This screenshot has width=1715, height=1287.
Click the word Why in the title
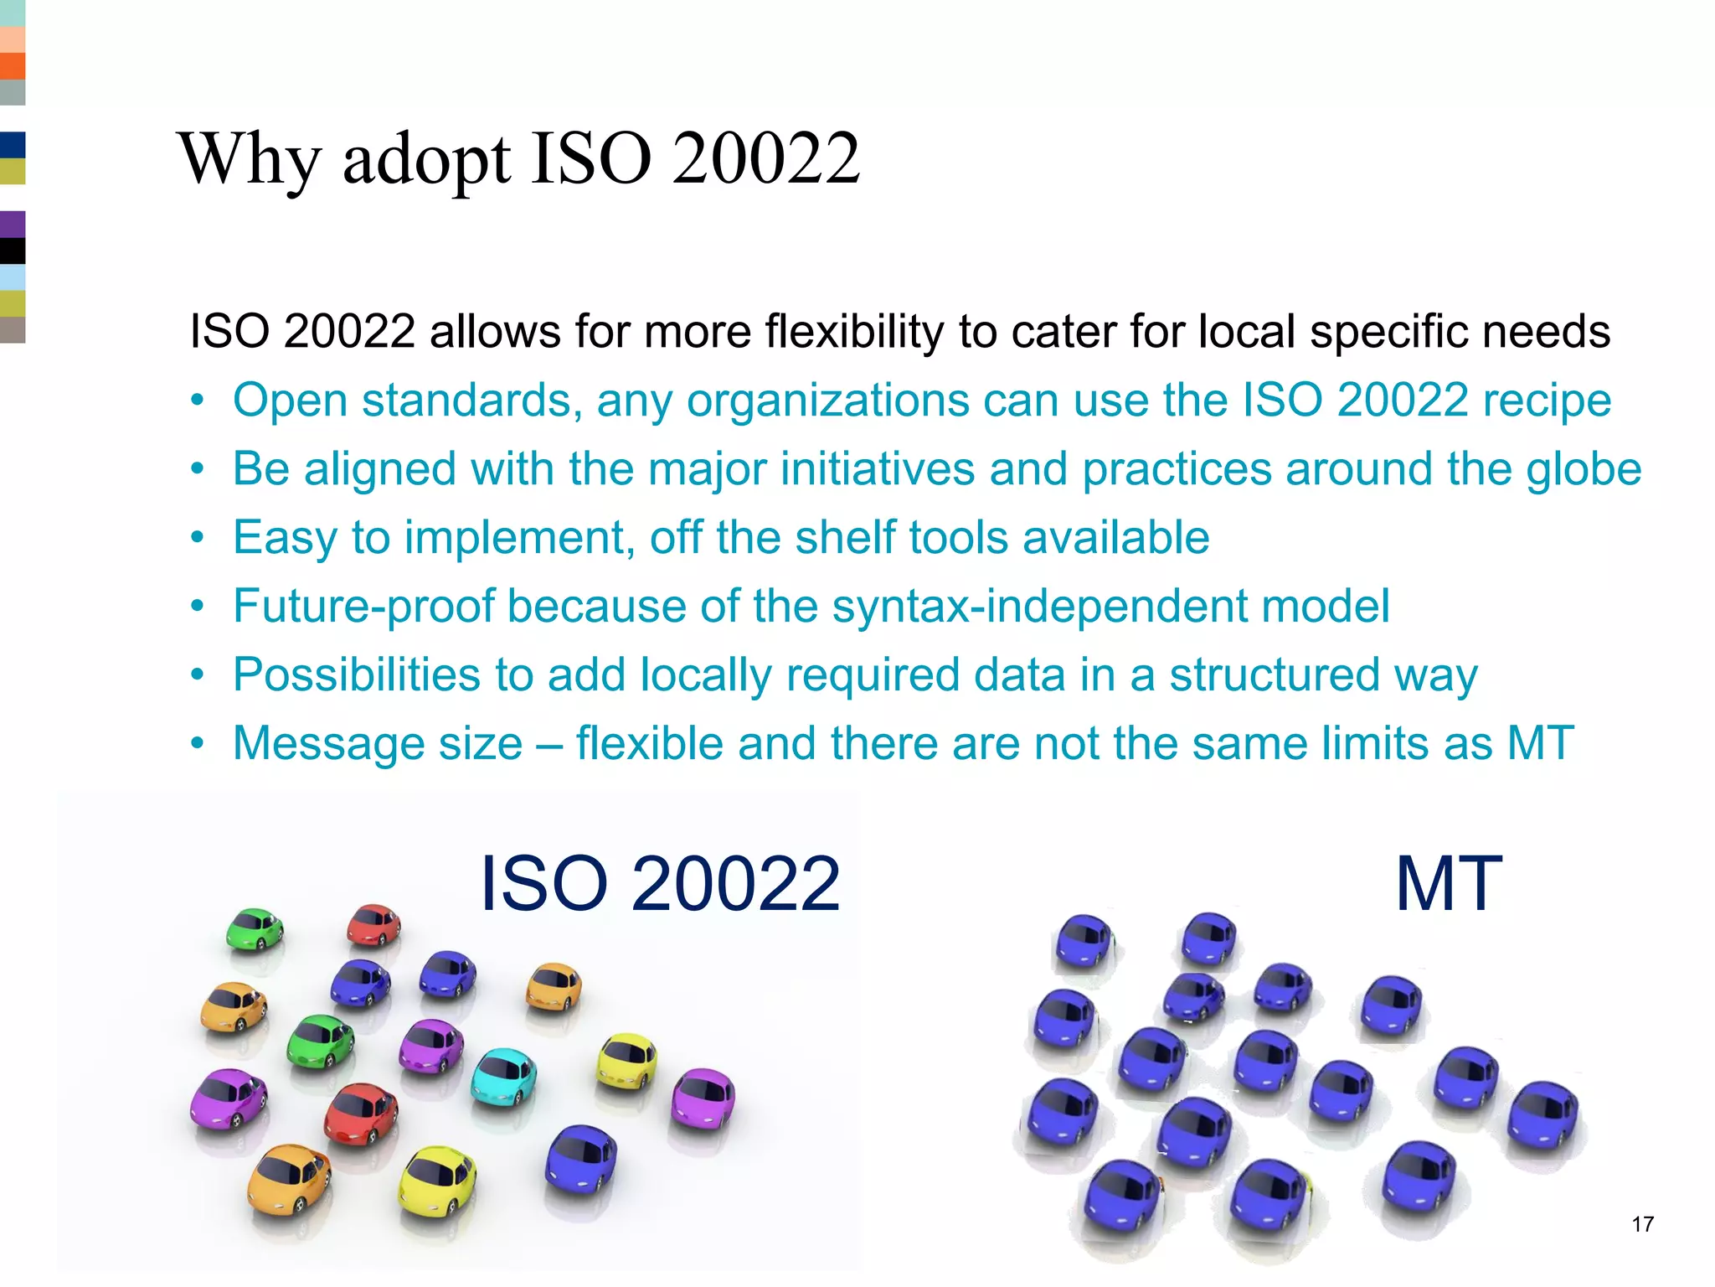point(250,159)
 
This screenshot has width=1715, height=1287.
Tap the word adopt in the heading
point(425,159)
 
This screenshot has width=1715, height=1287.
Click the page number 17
point(1642,1224)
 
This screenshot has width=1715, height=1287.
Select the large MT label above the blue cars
point(1449,884)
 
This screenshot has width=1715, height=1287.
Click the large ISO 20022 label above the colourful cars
point(659,884)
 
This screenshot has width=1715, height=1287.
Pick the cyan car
point(502,1076)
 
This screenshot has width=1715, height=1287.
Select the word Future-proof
point(364,607)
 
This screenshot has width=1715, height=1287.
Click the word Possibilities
point(357,675)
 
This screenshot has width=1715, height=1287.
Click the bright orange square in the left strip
point(13,66)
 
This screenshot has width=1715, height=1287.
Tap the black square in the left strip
point(13,251)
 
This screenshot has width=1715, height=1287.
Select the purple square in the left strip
point(13,225)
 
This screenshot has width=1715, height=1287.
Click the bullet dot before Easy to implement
point(197,537)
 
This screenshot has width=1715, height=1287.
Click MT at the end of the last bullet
point(1541,743)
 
